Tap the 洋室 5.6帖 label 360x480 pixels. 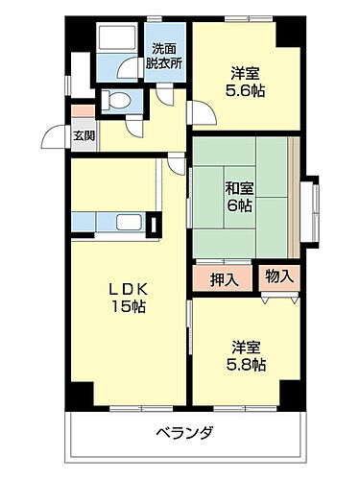tap(246, 82)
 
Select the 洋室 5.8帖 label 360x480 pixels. tap(247, 354)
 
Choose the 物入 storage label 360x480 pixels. tap(279, 276)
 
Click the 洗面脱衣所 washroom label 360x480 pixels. tap(162, 56)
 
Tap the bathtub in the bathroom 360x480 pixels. tap(121, 40)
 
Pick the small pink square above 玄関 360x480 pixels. tap(83, 109)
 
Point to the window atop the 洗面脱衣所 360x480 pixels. tap(161, 19)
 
